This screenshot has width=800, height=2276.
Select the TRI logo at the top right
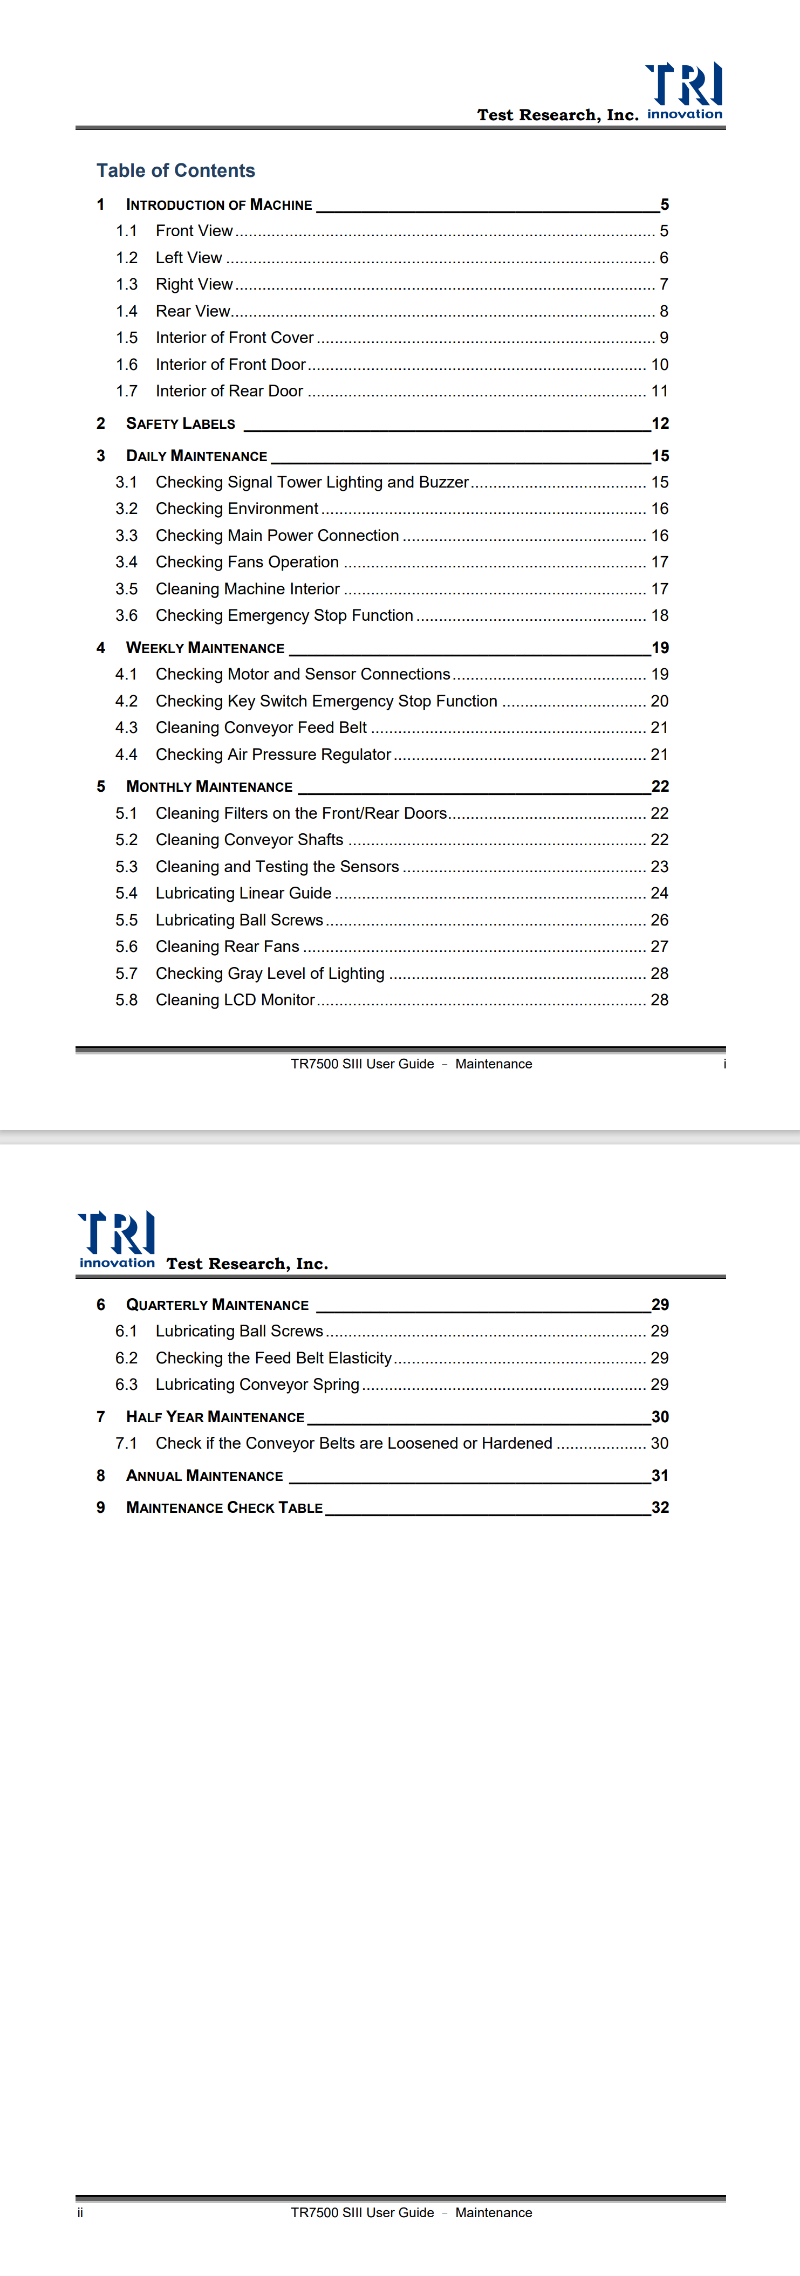click(684, 90)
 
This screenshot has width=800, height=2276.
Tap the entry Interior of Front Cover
click(234, 338)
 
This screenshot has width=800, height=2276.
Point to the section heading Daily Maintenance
click(196, 456)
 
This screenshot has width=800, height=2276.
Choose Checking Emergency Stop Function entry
click(284, 615)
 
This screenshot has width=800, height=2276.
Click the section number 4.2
click(126, 701)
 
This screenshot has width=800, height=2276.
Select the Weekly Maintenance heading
click(205, 648)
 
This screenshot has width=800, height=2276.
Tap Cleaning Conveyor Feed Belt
click(261, 727)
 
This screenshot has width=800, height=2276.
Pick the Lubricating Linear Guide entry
click(243, 893)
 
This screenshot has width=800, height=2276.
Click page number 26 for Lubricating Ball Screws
click(659, 920)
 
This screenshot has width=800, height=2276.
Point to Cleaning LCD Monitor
click(235, 999)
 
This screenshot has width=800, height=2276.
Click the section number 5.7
click(126, 973)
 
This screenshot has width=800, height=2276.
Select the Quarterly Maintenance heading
click(217, 1305)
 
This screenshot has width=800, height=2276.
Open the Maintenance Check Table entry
click(224, 1507)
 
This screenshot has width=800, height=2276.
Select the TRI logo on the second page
click(117, 1239)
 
